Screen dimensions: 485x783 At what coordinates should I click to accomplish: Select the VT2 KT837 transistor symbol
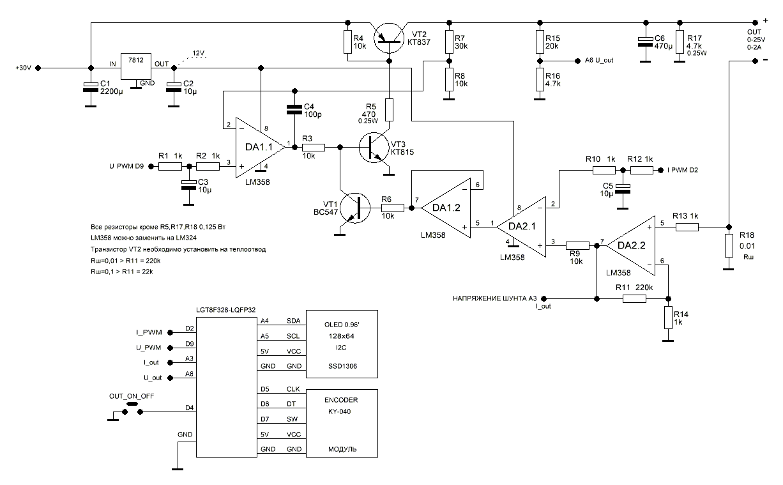tap(388, 37)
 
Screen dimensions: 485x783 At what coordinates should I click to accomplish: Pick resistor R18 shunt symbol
tap(727, 246)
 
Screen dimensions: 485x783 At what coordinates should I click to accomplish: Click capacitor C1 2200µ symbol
tap(91, 88)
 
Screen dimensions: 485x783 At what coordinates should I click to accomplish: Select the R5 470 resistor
tap(388, 110)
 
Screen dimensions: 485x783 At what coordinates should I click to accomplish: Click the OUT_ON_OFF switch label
tap(132, 396)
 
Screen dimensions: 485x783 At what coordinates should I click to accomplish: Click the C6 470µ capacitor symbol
tap(645, 42)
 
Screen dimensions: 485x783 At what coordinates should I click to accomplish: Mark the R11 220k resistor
tap(634, 298)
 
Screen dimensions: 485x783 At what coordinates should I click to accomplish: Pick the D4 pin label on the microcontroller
tap(189, 407)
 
